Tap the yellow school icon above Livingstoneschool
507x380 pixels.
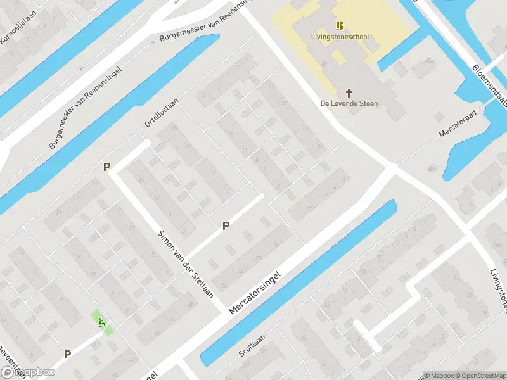tap(340, 26)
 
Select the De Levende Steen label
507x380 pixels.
tap(349, 103)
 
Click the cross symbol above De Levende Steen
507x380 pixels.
tap(349, 92)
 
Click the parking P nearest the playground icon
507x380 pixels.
tap(67, 355)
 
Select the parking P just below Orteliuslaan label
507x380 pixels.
tap(107, 167)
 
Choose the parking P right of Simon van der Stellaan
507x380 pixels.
tap(225, 225)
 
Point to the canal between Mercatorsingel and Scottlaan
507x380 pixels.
tap(298, 285)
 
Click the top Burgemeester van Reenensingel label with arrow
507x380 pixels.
tap(203, 25)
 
